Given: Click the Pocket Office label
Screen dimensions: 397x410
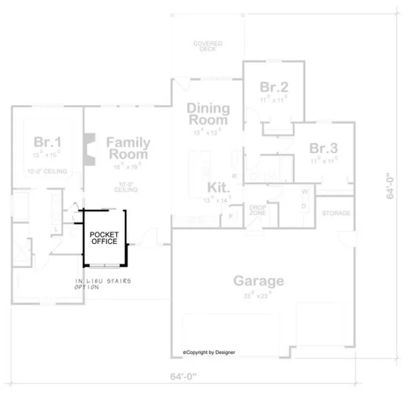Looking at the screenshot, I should coord(104,237).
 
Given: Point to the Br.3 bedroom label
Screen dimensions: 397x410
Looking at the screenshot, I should coord(324,148).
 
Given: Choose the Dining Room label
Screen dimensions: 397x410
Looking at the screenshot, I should coord(208,114).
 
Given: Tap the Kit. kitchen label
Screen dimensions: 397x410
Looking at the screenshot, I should coord(219,187).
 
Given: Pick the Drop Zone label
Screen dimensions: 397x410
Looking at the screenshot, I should coord(258,210).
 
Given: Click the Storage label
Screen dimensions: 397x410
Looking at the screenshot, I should coord(336,213).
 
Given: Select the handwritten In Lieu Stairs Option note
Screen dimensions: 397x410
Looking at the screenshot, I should coord(102,283).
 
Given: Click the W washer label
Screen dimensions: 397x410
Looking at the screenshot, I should coord(304,192).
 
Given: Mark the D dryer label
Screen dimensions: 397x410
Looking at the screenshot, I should coord(304,206).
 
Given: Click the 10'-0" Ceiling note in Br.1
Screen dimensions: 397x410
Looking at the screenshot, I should coord(47,172).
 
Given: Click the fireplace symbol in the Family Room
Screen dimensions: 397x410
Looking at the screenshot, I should coord(90,148).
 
